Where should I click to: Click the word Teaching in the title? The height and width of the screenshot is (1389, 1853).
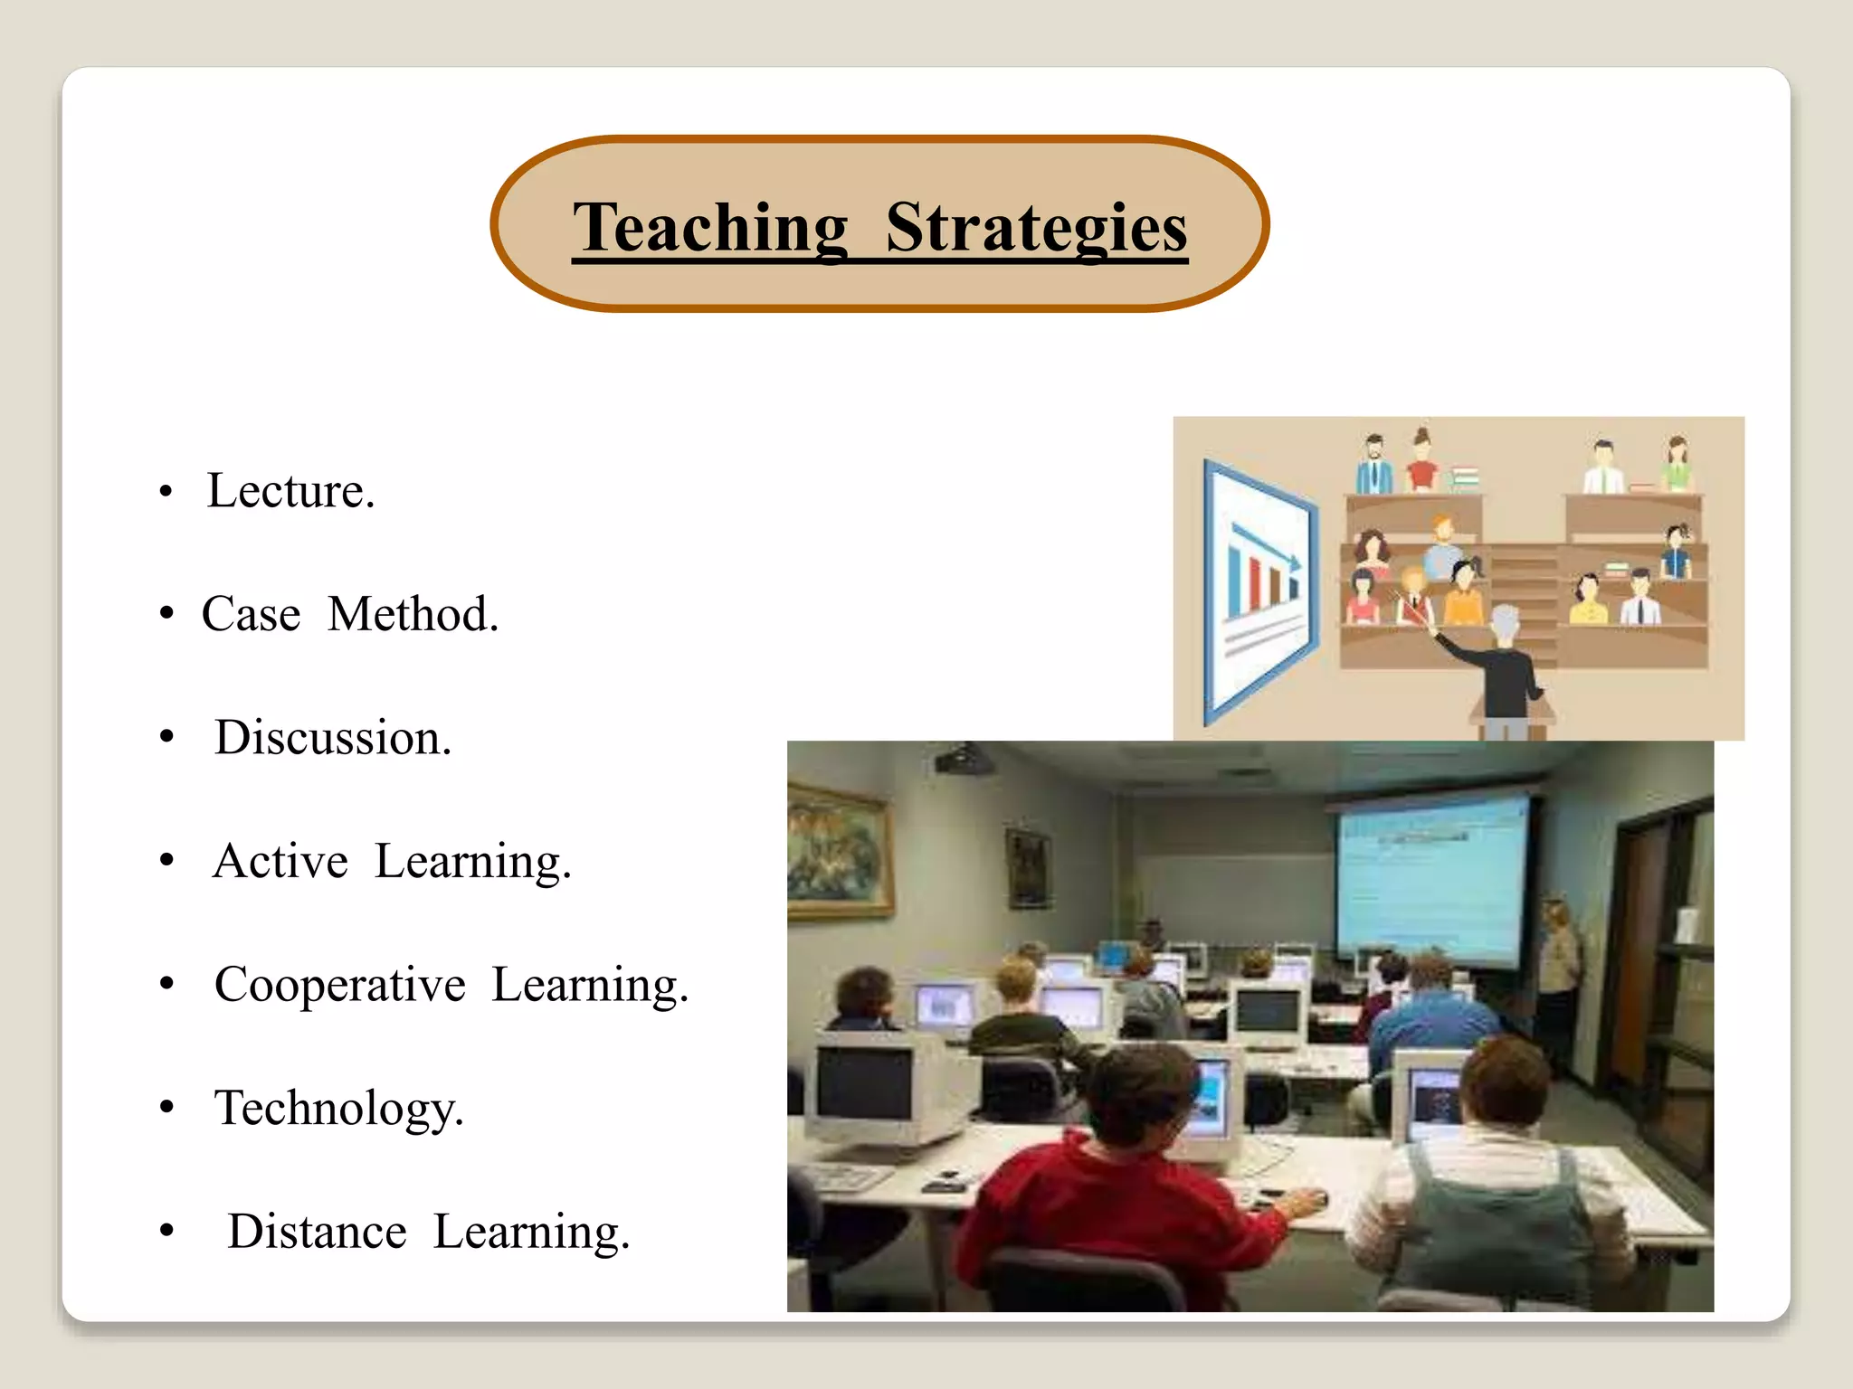click(711, 227)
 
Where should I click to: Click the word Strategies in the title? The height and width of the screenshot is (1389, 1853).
click(1036, 227)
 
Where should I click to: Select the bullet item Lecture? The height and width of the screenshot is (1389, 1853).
click(290, 491)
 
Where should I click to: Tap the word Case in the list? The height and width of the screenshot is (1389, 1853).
click(251, 615)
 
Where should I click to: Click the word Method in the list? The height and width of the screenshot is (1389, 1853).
click(413, 615)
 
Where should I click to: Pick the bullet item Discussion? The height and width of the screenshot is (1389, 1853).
click(332, 738)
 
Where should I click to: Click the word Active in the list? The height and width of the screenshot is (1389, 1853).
click(280, 861)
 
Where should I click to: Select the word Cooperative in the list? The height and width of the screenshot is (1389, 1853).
click(340, 985)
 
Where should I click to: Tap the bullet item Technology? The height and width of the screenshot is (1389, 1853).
click(338, 1109)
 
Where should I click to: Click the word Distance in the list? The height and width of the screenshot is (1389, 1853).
click(317, 1232)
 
